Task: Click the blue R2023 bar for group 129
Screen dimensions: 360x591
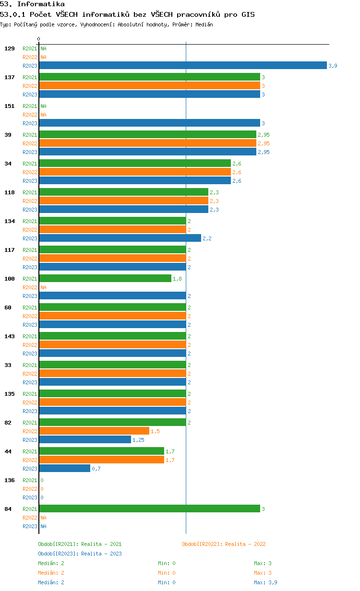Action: [183, 65]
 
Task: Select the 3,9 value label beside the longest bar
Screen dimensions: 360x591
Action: [333, 66]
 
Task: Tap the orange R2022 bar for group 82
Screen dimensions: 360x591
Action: [94, 431]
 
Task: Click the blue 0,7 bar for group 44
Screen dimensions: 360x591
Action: [65, 468]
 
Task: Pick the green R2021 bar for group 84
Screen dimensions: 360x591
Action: [150, 508]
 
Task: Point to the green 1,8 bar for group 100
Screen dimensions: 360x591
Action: [105, 278]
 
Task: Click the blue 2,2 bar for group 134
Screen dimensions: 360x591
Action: [120, 238]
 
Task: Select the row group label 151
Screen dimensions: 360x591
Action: [10, 106]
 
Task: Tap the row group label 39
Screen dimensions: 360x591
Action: [8, 135]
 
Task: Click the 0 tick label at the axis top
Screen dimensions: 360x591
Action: [38, 39]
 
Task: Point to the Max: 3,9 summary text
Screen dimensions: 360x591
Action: [265, 582]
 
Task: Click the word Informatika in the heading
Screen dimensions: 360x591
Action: [41, 4]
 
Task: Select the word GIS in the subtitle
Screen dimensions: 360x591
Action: [248, 14]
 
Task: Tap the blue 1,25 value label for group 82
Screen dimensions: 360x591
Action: [138, 440]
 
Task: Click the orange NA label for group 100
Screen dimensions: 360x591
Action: [43, 287]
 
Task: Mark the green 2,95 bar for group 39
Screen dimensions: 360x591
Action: [148, 134]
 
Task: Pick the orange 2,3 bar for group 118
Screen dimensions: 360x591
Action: [124, 201]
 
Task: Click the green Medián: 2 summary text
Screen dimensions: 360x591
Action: [51, 563]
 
